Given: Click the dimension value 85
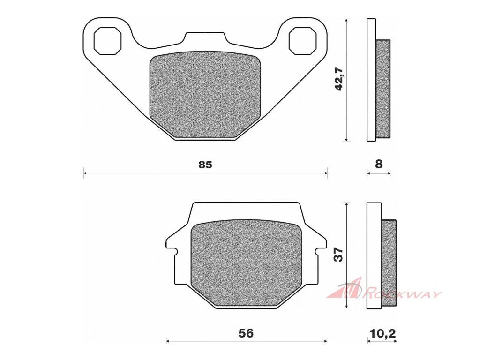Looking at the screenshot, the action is [205, 165].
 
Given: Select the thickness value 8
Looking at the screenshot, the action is [379, 164].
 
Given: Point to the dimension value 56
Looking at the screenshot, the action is [246, 333].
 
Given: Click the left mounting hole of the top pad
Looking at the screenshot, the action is [107, 41].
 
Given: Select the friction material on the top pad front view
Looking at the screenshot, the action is [205, 94].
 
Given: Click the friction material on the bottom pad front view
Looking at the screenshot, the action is [246, 262].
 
